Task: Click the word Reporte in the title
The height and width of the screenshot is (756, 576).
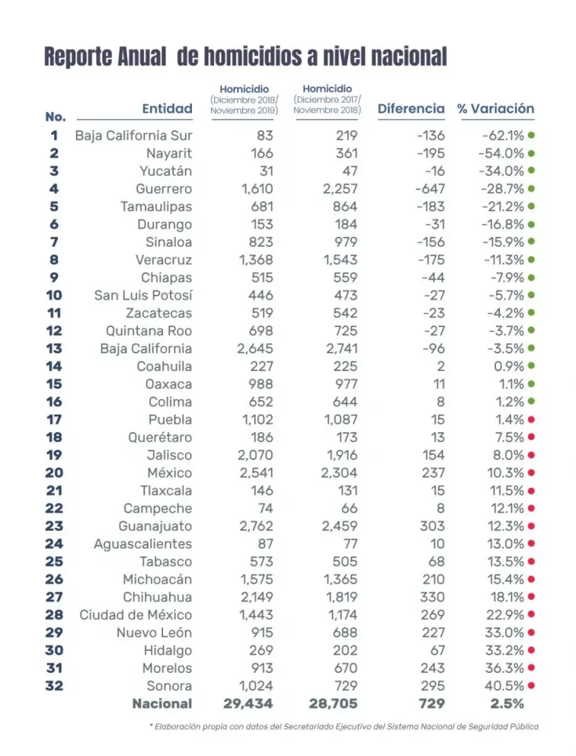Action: (x=74, y=57)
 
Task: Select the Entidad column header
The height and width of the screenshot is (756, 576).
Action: (x=168, y=108)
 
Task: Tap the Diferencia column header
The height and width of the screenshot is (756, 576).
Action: (x=411, y=108)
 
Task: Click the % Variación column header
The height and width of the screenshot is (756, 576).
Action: (x=496, y=108)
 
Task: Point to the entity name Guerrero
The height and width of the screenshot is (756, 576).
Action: (x=164, y=189)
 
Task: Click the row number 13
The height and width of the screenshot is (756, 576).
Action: (x=54, y=348)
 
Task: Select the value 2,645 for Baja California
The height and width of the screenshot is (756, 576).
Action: (x=255, y=348)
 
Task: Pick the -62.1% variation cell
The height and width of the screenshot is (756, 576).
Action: (x=503, y=136)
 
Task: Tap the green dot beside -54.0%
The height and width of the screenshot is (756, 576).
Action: (x=531, y=153)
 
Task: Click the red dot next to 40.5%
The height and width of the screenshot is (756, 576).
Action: (x=531, y=686)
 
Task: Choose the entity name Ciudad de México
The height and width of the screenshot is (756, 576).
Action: (x=136, y=615)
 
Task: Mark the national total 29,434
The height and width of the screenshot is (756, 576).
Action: (x=248, y=703)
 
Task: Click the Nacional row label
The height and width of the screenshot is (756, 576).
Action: (x=162, y=703)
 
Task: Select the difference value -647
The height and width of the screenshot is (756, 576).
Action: (x=430, y=189)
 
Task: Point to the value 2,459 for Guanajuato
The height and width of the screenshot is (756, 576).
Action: (x=340, y=526)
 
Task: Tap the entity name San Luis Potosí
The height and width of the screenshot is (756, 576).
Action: (x=143, y=295)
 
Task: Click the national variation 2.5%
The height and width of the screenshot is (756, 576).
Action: (x=507, y=703)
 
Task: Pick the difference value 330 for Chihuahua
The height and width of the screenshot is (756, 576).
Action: (x=432, y=597)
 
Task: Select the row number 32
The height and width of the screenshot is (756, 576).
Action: (x=54, y=686)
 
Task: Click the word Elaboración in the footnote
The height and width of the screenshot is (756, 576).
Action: (x=178, y=726)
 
